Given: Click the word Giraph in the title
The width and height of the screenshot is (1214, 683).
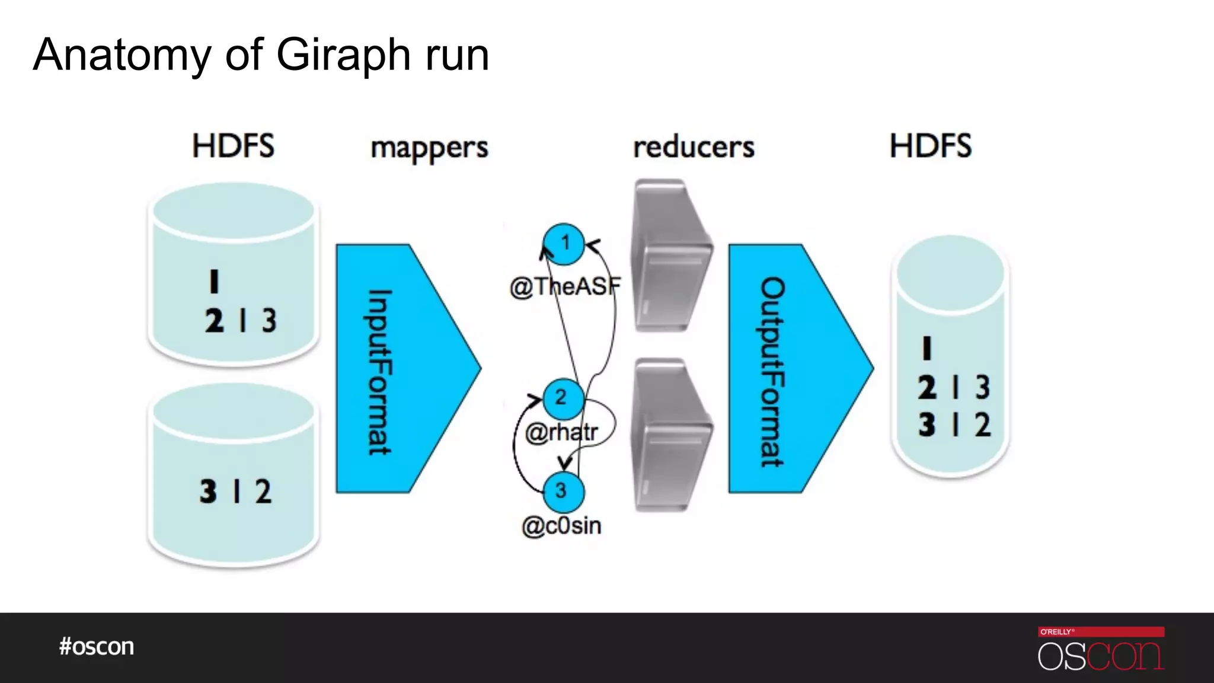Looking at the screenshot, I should coord(344,55).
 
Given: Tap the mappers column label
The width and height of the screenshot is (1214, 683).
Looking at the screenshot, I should coord(429,147).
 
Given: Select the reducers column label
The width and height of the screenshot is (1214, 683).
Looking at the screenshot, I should coord(694,147).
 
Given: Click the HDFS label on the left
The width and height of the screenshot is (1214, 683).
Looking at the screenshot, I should coord(233,146).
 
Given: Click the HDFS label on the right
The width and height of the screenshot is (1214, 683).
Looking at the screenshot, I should coord(931,146).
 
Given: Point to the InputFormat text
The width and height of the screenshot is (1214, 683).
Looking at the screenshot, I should coord(379,372).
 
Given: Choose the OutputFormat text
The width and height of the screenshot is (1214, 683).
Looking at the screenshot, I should coord(772,372).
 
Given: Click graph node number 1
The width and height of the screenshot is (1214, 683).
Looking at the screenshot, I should coord(564,243).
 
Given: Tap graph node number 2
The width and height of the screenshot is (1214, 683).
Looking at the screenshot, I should coord(561,397).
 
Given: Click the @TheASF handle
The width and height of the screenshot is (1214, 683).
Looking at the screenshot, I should coord(565,287).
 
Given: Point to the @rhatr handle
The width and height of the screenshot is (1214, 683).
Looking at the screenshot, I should coord(561,433).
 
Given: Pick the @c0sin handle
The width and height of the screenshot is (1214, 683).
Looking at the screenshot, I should coord(561,526).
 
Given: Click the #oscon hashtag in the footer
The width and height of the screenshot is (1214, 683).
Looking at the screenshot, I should coord(97,646).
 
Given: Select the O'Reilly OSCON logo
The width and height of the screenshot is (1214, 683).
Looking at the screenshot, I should coord(1101,649).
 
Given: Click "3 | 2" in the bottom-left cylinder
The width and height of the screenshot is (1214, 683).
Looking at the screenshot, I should coord(235,491).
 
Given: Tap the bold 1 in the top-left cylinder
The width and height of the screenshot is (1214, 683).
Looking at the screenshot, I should coord(214,281).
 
